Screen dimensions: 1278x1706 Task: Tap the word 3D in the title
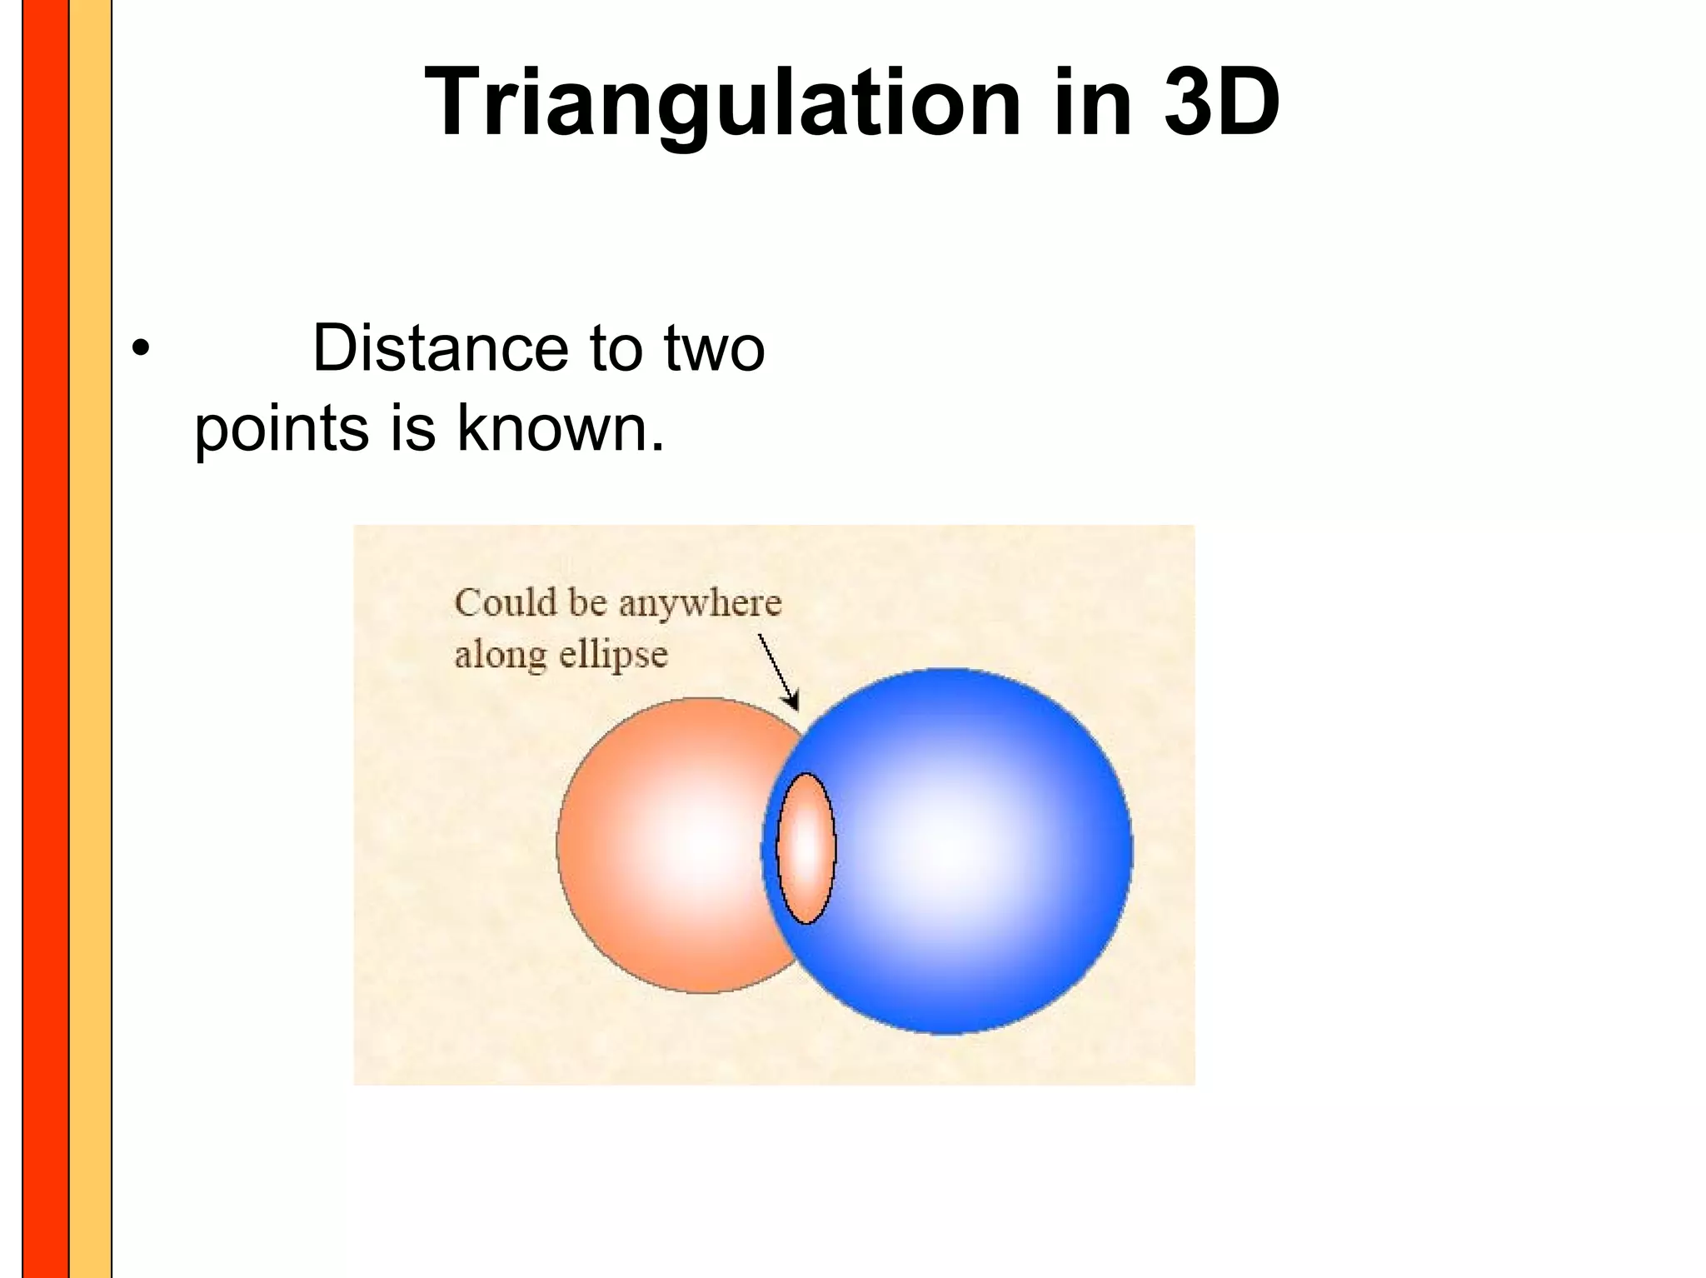(x=1221, y=102)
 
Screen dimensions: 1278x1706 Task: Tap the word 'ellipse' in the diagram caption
(x=613, y=655)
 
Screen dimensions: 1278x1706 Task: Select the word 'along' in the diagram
(x=500, y=654)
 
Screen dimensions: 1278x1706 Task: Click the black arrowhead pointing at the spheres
(x=792, y=701)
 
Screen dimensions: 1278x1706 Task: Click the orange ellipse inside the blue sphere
(x=806, y=848)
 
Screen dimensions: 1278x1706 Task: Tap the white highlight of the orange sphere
(x=700, y=846)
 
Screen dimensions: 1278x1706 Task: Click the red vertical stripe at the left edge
(x=45, y=639)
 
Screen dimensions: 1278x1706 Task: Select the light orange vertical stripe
(x=90, y=639)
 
